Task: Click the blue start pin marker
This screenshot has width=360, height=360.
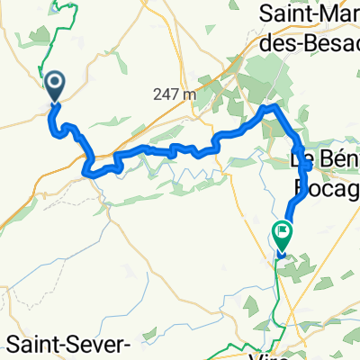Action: [x=53, y=87]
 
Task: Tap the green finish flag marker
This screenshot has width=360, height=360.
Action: [x=283, y=234]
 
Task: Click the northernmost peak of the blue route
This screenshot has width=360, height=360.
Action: [x=268, y=106]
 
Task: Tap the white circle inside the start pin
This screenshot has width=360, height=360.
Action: [x=53, y=84]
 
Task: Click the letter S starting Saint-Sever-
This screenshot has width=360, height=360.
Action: [x=13, y=345]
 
